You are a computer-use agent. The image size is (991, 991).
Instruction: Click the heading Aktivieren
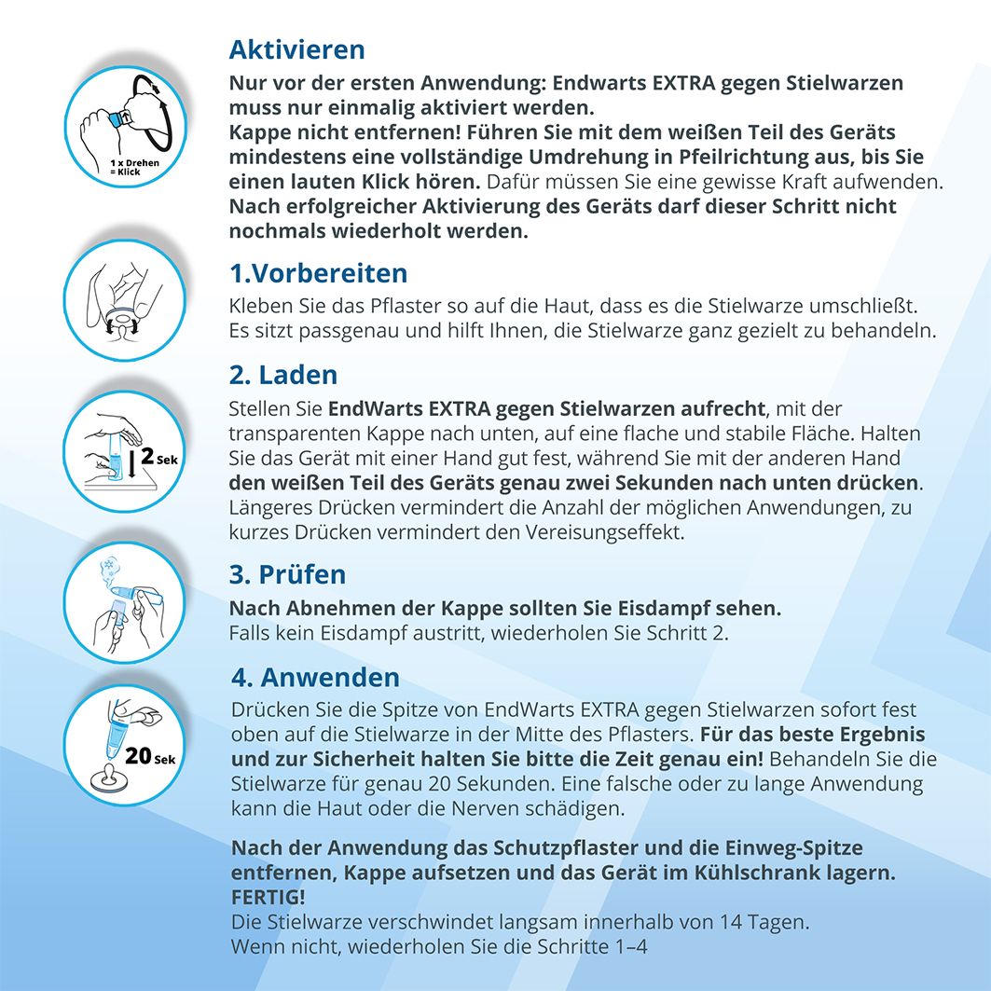[x=296, y=48]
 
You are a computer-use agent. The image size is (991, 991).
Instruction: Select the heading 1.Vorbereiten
[x=318, y=273]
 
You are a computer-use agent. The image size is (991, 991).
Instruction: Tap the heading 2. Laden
[x=283, y=375]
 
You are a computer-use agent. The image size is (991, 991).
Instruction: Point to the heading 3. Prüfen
[x=287, y=574]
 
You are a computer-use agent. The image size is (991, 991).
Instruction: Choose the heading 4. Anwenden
[x=315, y=677]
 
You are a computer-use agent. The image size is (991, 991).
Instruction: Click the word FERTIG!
[x=268, y=897]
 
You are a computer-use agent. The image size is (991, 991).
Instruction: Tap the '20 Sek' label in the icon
[x=149, y=756]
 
